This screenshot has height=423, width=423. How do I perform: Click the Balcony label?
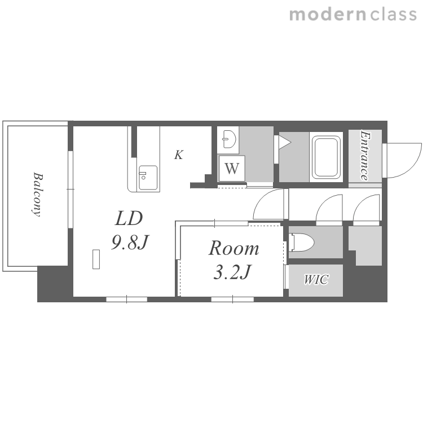click(37, 194)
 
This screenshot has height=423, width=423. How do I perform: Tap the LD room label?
click(129, 218)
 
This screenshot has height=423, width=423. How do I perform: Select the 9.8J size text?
click(130, 242)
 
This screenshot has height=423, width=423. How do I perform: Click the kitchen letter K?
click(179, 155)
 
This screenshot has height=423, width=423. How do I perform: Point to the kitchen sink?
click(148, 178)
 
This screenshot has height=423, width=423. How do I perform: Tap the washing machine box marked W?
click(232, 168)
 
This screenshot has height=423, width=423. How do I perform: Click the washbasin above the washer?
click(229, 139)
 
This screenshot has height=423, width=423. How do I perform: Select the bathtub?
click(326, 157)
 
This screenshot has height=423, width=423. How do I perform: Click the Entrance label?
click(365, 156)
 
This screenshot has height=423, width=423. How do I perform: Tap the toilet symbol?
click(301, 242)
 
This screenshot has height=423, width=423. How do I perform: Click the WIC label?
click(316, 280)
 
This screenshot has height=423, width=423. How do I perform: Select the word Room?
click(233, 248)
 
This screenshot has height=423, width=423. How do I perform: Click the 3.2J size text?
click(232, 272)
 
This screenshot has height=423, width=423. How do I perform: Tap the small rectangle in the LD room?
click(96, 259)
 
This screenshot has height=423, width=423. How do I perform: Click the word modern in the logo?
click(328, 15)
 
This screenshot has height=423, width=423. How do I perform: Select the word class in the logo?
click(393, 15)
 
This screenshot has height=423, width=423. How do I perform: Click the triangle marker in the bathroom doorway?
click(285, 142)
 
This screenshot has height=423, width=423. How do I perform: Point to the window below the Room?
click(232, 299)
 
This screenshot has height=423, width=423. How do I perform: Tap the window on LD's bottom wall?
click(126, 299)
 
